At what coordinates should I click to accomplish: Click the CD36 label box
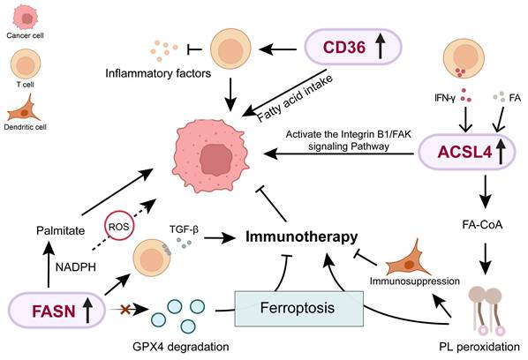[x=351, y=47]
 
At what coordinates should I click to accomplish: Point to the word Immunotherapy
[x=301, y=236]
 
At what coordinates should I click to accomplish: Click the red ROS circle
[x=120, y=226]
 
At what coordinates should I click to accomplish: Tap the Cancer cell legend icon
[x=25, y=19]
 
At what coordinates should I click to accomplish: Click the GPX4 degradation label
[x=187, y=346]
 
